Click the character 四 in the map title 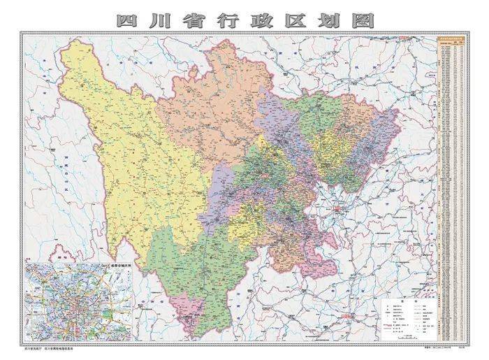(129, 20)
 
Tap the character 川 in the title (163, 20)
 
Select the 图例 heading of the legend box (406, 298)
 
